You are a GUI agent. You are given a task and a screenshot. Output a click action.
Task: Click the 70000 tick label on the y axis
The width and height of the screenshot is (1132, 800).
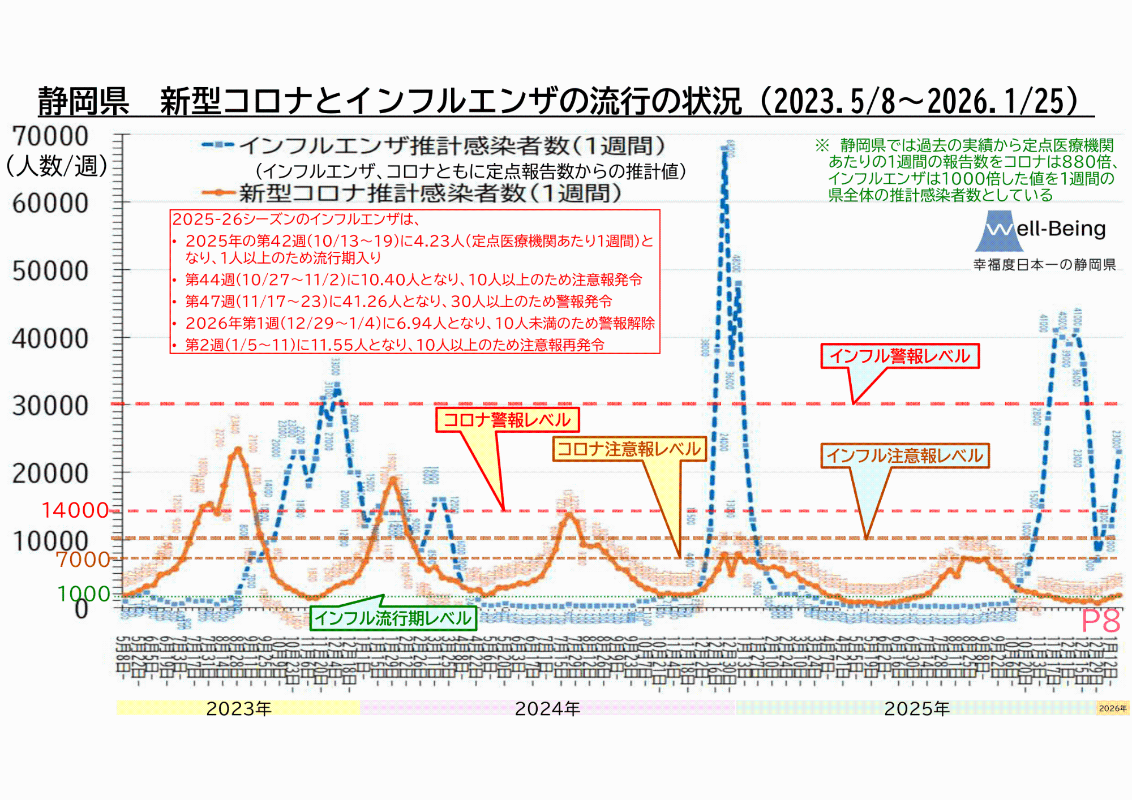click(x=50, y=136)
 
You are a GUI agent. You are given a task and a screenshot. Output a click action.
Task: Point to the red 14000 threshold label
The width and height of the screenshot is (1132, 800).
click(x=75, y=510)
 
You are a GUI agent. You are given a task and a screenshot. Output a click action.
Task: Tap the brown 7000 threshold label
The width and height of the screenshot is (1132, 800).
click(x=83, y=559)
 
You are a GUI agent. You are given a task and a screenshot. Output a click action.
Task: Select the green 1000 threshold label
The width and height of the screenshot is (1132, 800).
click(x=84, y=593)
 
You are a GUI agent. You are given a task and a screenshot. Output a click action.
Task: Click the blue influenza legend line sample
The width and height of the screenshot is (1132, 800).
click(x=217, y=145)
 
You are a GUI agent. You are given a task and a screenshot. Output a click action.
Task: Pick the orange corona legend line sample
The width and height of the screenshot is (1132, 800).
click(x=217, y=192)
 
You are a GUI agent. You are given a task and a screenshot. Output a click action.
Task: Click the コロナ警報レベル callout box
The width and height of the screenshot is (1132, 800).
click(x=507, y=420)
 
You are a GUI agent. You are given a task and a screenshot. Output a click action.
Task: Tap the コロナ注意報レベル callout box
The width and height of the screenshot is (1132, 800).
click(x=629, y=449)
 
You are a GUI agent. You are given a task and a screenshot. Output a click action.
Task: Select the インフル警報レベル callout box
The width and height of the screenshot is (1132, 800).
click(x=900, y=356)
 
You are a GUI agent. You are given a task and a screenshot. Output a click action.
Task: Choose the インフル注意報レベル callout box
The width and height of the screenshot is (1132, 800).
click(x=904, y=455)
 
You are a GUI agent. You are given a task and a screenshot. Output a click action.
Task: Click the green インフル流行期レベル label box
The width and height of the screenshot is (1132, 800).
click(x=393, y=618)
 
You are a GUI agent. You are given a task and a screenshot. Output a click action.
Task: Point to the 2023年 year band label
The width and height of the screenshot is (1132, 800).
click(x=238, y=708)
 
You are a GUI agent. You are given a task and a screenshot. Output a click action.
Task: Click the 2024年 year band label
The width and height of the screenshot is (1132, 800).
click(x=547, y=708)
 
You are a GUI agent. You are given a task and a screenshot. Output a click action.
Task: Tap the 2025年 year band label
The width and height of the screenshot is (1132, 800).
click(x=916, y=708)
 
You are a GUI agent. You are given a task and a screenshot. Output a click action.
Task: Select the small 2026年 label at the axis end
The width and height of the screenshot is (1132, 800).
click(x=1112, y=708)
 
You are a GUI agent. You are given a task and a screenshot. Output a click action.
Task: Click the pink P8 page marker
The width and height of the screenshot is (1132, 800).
click(x=1100, y=621)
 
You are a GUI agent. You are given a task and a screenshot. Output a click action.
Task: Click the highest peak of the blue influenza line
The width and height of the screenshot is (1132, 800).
click(x=724, y=148)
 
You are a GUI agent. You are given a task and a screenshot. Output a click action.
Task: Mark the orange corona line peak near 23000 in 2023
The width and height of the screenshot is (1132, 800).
click(x=238, y=450)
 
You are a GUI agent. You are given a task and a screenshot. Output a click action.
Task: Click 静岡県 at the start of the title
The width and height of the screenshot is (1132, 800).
click(x=83, y=102)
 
